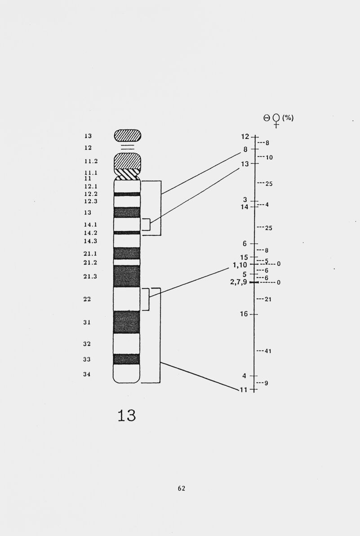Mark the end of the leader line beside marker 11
click(238, 390)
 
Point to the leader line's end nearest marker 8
click(241, 153)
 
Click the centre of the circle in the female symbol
click(276, 118)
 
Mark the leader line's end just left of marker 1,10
click(228, 268)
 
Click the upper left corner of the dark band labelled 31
click(114, 311)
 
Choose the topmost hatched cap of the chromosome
click(128, 135)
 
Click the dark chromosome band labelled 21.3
click(127, 276)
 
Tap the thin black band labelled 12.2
click(127, 194)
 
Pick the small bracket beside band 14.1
click(147, 225)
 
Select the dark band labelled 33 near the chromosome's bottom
click(126, 359)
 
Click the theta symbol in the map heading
click(267, 118)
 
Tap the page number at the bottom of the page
click(182, 488)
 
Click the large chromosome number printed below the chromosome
click(126, 415)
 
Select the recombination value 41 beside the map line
click(268, 351)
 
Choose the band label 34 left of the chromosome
click(87, 374)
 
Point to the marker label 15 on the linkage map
click(244, 257)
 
